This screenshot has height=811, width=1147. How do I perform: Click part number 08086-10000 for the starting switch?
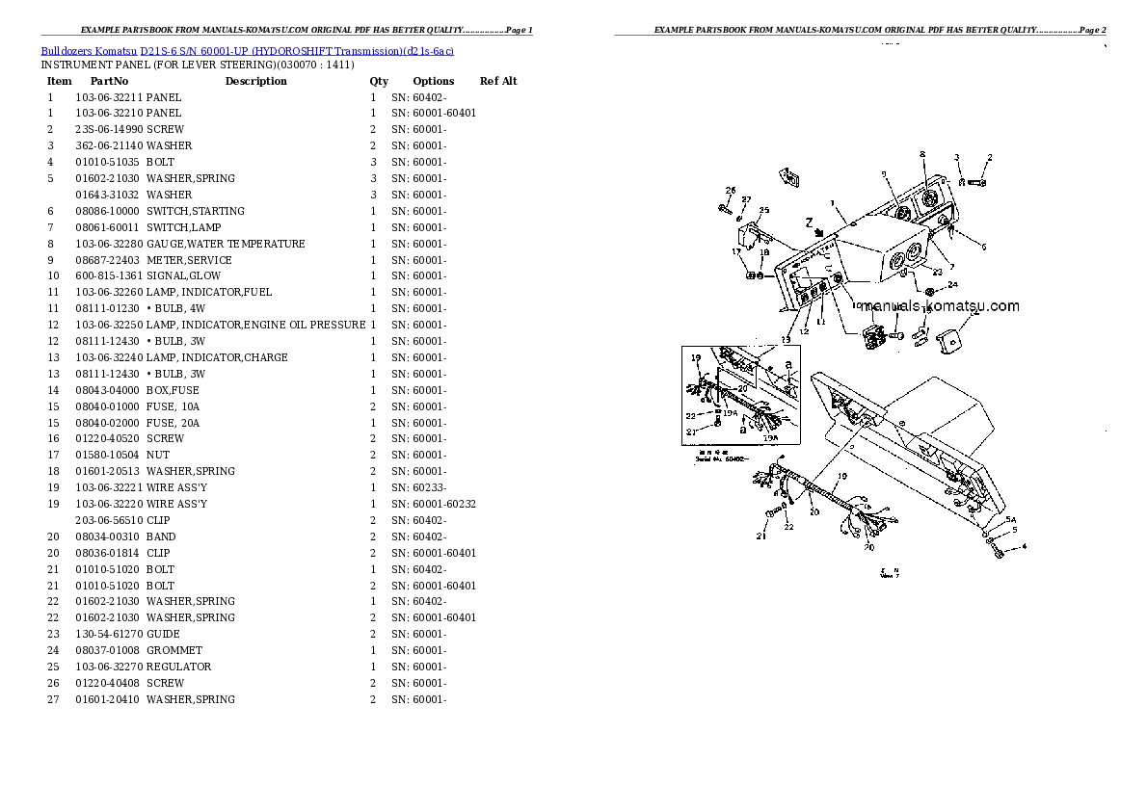[x=107, y=211]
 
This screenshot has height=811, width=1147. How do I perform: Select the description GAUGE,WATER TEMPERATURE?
[x=226, y=244]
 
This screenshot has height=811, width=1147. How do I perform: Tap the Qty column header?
[x=379, y=81]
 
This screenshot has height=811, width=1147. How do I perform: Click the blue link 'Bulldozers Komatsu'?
[x=89, y=49]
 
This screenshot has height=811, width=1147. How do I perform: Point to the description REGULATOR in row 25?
[x=178, y=667]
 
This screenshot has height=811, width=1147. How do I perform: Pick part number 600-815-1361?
[x=108, y=276]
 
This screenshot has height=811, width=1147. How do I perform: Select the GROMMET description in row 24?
[x=174, y=650]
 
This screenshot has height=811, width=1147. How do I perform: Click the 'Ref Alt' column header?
[x=498, y=81]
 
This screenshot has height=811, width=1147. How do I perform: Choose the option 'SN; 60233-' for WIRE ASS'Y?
[x=418, y=487]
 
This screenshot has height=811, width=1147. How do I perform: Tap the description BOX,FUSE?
[x=173, y=390]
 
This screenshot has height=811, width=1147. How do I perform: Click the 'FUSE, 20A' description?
[x=174, y=423]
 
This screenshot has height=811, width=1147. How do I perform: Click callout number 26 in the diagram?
[x=731, y=190]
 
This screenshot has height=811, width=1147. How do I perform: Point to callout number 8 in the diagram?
[x=922, y=154]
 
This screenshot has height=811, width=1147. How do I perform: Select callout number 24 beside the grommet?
[x=952, y=284]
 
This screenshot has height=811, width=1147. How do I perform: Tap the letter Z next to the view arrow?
[x=809, y=221]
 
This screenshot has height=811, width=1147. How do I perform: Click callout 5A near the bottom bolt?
[x=1011, y=519]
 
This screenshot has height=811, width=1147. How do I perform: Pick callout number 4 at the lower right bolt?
[x=1024, y=547]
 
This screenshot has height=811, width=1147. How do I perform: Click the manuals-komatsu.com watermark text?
[x=940, y=306]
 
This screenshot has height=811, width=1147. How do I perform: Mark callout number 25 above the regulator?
[x=764, y=210]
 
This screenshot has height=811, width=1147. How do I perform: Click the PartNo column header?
[x=109, y=81]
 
